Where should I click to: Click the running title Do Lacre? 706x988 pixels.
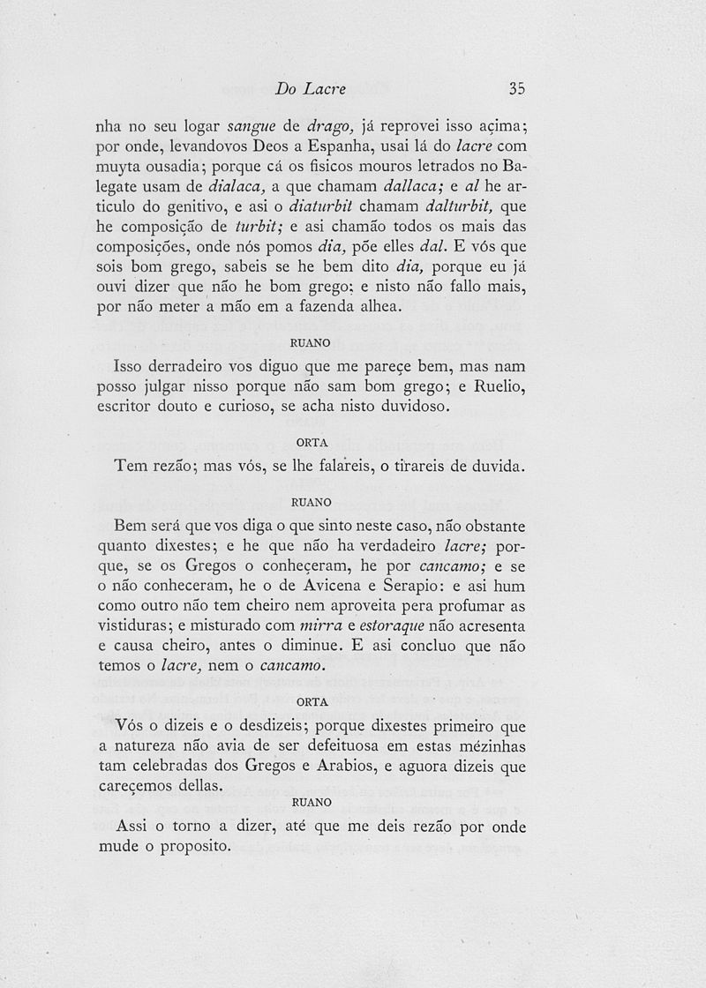[310, 88]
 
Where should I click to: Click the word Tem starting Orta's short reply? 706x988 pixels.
[132, 466]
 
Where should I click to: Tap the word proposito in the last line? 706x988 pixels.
[187, 847]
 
